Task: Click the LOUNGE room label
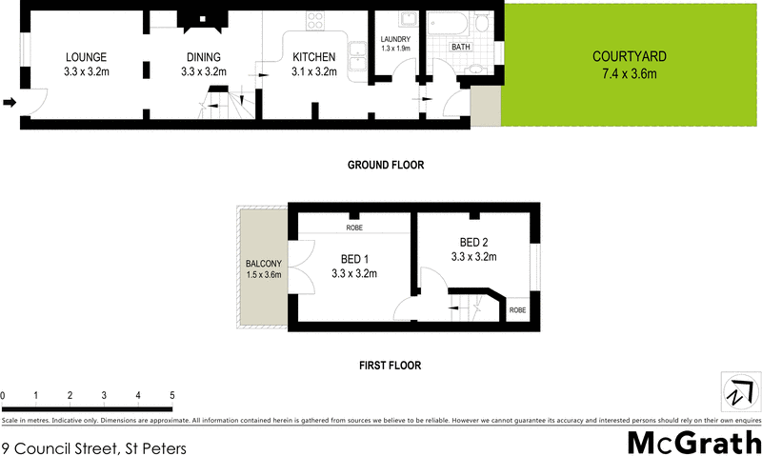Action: (85, 57)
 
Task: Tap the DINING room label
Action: (203, 57)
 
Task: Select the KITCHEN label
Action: (314, 57)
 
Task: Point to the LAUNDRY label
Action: (394, 39)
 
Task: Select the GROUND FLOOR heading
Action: (385, 165)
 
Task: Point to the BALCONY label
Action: (262, 263)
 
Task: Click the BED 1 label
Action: (354, 258)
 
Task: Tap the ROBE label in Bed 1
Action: (354, 228)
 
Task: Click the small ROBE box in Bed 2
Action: (517, 310)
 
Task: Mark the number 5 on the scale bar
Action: (172, 394)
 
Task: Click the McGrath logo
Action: (693, 443)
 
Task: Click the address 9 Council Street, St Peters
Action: (93, 446)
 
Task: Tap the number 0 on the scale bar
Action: (4, 394)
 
